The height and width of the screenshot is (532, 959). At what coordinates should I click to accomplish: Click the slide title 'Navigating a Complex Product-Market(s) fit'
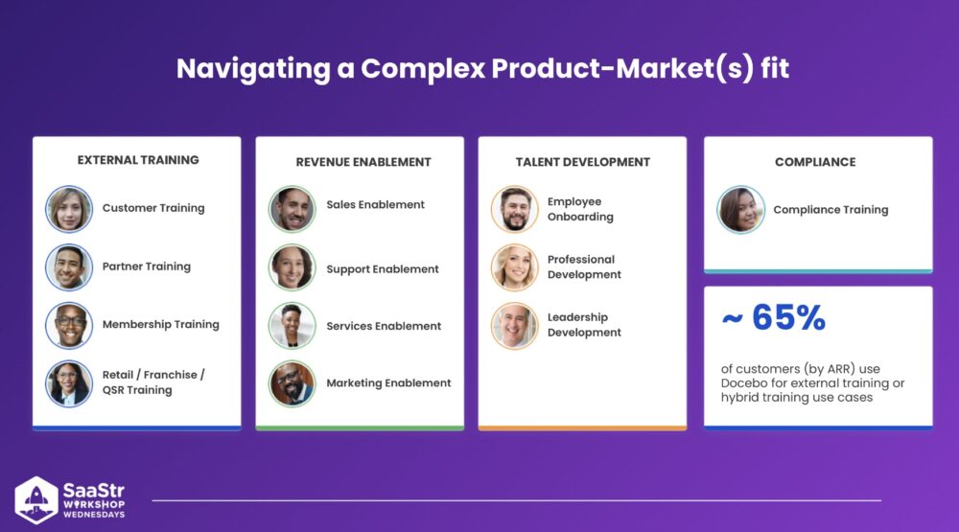pos(482,68)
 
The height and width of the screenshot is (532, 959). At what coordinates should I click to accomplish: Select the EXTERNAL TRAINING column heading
pos(138,160)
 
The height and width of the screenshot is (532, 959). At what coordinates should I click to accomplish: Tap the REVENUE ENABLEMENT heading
pos(363,162)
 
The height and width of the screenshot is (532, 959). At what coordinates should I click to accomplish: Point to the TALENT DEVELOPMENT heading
pos(582,162)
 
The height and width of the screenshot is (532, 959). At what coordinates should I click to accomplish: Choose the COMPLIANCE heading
pos(815,162)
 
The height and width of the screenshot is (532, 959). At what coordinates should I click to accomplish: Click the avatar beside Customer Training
pos(69,209)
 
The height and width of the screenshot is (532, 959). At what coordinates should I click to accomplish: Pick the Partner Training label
pos(146,266)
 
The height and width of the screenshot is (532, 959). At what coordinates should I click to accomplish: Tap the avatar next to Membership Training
pos(69,325)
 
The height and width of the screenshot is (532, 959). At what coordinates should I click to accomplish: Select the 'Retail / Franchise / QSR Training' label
pos(153,382)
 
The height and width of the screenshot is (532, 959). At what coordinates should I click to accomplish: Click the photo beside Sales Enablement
pos(292,209)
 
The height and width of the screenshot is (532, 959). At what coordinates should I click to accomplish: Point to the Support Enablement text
pos(383,269)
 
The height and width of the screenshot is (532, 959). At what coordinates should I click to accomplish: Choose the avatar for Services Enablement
pos(292,325)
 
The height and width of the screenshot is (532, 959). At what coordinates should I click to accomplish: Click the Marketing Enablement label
pos(388,382)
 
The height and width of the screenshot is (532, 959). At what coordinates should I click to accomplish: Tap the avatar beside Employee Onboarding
pos(515,209)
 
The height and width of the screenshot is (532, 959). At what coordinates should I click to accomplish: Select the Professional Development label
pos(584,267)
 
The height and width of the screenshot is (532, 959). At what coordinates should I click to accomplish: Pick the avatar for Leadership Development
pos(515,325)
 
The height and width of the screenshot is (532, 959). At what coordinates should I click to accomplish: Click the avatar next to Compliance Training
pos(740,210)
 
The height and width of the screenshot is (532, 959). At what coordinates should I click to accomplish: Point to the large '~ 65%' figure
pos(774,317)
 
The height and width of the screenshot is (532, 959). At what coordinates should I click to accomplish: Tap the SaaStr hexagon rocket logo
pos(36,500)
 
